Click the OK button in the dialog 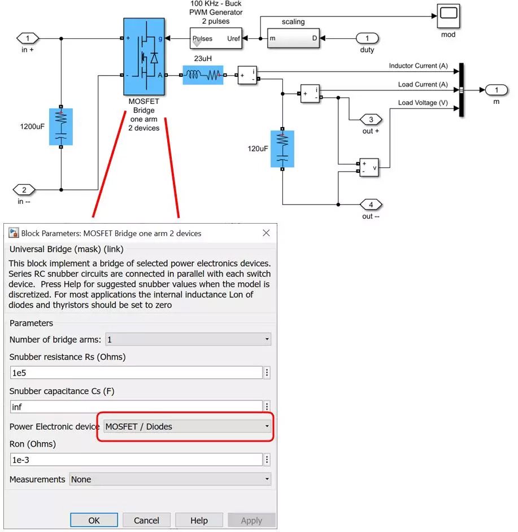[x=94, y=520]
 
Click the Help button [x=199, y=520]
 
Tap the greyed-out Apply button [x=251, y=520]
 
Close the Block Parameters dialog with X [x=266, y=233]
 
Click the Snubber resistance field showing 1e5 [x=136, y=373]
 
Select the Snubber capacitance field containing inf [x=136, y=406]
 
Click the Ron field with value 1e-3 [x=136, y=460]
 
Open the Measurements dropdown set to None [x=170, y=479]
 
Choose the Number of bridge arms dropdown [x=188, y=339]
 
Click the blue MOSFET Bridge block [x=144, y=56]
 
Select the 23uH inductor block [x=203, y=75]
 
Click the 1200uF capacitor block [x=60, y=127]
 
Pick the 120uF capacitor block [x=282, y=149]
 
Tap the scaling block [x=293, y=38]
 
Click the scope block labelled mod [x=448, y=16]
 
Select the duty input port [x=367, y=38]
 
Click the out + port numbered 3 [x=371, y=120]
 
